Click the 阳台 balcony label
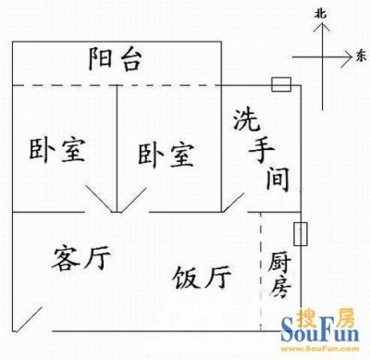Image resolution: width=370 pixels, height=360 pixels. click(116, 58)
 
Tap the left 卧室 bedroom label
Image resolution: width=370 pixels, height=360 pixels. click(57, 151)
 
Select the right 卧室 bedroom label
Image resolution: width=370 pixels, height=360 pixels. click(166, 155)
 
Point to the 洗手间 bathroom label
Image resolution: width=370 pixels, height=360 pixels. click(261, 150)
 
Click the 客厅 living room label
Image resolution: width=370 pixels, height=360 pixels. click(80, 257)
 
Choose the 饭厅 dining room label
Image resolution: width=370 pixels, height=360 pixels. click(202, 277)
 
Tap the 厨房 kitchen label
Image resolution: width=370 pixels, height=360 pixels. click(279, 275)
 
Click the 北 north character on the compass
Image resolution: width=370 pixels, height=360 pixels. click(321, 14)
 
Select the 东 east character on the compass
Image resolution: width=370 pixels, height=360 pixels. click(361, 56)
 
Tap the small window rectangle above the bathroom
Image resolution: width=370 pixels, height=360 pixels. click(281, 84)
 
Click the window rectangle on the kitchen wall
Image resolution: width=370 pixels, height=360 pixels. click(300, 234)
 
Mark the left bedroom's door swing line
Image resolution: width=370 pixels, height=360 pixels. click(99, 199)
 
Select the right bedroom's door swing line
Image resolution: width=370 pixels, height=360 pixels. click(133, 200)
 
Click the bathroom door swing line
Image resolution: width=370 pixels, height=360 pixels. click(233, 203)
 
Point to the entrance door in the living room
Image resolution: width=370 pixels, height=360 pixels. click(28, 319)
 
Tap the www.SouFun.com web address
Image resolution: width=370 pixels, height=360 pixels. click(320, 349)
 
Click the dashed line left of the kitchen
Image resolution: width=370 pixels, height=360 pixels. click(261, 271)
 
